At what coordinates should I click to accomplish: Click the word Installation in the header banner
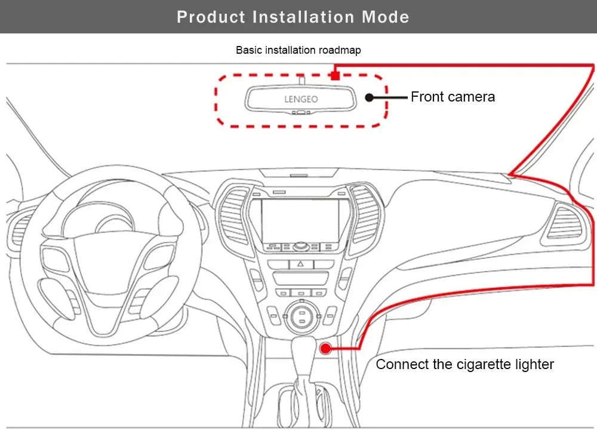(304, 17)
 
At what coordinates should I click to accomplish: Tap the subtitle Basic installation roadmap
(298, 50)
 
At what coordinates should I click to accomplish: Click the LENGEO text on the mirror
(301, 99)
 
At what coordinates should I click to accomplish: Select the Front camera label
(453, 97)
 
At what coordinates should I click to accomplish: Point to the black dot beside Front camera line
(370, 97)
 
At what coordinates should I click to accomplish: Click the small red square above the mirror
(336, 75)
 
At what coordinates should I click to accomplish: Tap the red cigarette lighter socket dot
(325, 348)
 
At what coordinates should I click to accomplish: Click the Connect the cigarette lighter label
(464, 364)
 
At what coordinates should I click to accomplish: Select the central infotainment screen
(300, 220)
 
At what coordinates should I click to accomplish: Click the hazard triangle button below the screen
(300, 263)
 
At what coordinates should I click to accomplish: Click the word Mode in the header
(385, 17)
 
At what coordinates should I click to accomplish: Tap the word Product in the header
(211, 17)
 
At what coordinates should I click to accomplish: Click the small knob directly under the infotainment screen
(300, 246)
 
